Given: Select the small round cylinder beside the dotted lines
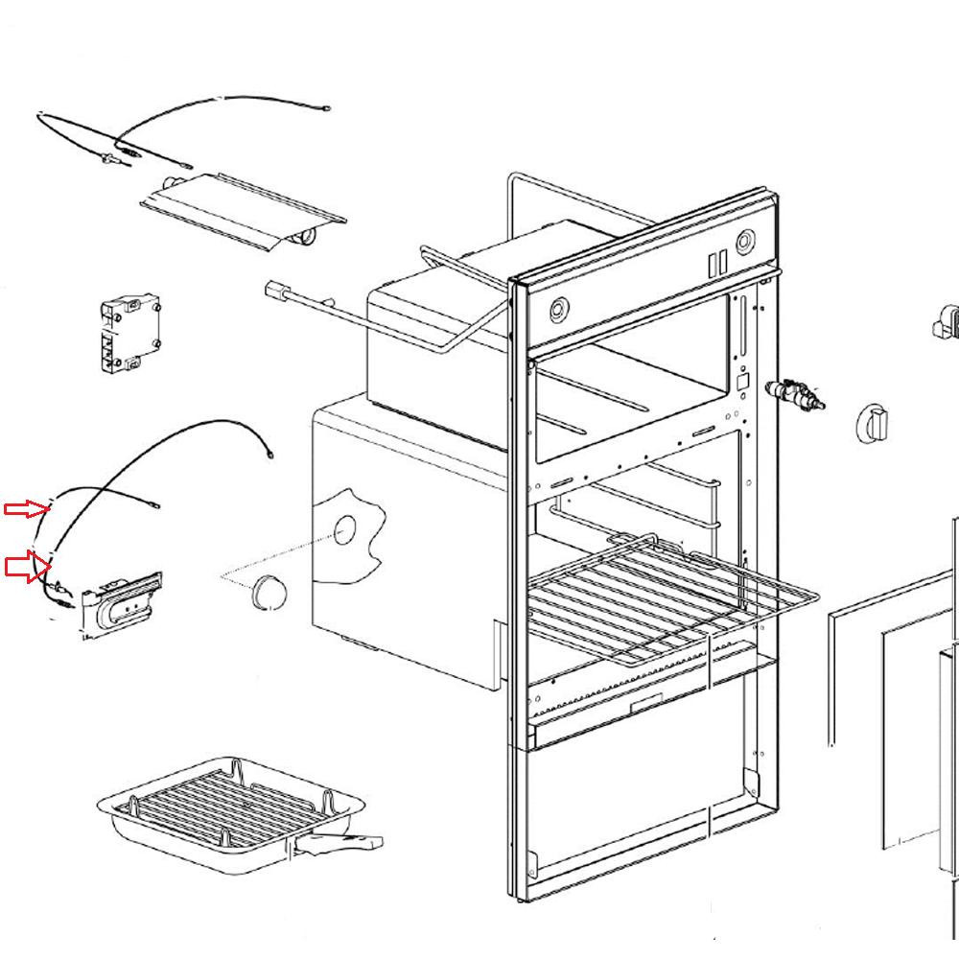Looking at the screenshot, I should [x=269, y=592].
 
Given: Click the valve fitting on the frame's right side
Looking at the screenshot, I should [x=794, y=394].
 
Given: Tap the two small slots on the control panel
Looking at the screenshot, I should [x=714, y=262].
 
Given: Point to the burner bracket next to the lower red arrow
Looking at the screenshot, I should [x=123, y=604].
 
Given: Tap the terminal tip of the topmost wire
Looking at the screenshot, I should [x=327, y=108].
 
